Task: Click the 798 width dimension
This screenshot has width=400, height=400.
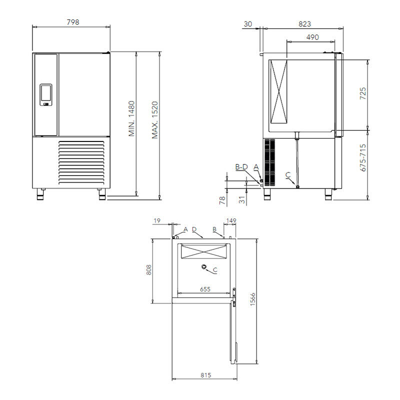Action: [73, 22]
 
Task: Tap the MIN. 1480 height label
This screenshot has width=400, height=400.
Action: [131, 118]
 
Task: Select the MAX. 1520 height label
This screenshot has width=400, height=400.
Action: [155, 120]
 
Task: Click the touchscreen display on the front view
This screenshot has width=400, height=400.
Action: [46, 94]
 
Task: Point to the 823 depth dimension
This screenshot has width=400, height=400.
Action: [305, 24]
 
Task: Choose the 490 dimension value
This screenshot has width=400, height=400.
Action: [312, 37]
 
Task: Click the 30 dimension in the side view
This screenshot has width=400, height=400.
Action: [247, 24]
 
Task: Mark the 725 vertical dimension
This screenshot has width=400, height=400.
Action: [363, 93]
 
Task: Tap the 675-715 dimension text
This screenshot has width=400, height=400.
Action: [363, 157]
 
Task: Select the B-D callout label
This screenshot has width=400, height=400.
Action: [241, 167]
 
